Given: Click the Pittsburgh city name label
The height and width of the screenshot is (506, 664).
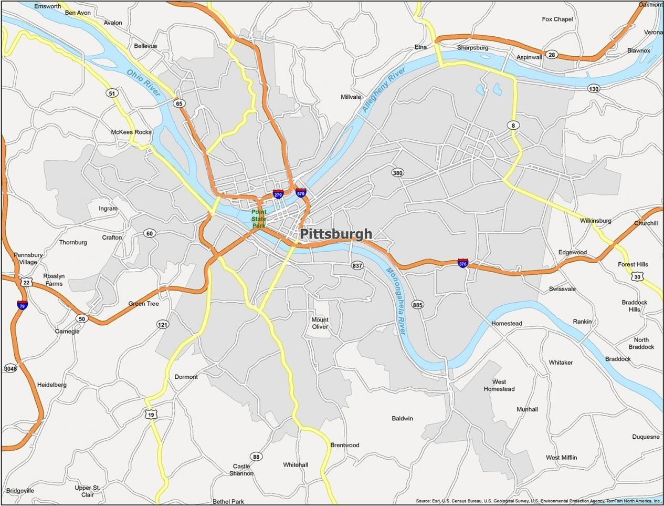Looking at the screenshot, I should point(336,234).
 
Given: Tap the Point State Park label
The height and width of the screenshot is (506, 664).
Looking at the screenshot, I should point(259,219).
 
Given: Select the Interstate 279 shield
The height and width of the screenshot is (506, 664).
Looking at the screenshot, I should point(278,194).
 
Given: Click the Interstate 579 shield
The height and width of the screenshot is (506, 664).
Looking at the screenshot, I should point(301,193).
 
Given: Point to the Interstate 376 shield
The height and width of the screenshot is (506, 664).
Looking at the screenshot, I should point(462,263).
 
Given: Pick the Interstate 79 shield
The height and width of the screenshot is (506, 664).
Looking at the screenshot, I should point(22,305).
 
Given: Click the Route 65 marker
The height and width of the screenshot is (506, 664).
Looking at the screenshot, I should point(180,104).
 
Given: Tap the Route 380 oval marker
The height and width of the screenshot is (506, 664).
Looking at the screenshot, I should point(397,173).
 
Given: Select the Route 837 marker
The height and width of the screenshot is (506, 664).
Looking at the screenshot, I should point(357,265).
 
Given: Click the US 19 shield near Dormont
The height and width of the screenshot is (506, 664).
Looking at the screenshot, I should point(151,415).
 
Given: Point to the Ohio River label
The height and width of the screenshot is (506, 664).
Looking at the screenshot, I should point(143,83).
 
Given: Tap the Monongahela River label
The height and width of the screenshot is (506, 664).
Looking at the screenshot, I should point(396,302).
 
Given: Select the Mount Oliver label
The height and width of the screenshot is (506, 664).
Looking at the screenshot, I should point(320,323).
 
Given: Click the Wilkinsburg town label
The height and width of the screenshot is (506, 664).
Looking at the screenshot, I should point(595,221).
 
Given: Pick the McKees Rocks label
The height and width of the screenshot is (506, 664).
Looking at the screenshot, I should point(131,132).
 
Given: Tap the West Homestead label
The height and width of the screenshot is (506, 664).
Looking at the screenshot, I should point(499,385).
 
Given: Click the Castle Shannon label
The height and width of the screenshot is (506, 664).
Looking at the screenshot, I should point(241,470).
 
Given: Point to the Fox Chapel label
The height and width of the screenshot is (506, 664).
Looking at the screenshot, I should point(557,19).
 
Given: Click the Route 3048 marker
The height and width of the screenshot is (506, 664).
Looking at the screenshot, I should point(10,368).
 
